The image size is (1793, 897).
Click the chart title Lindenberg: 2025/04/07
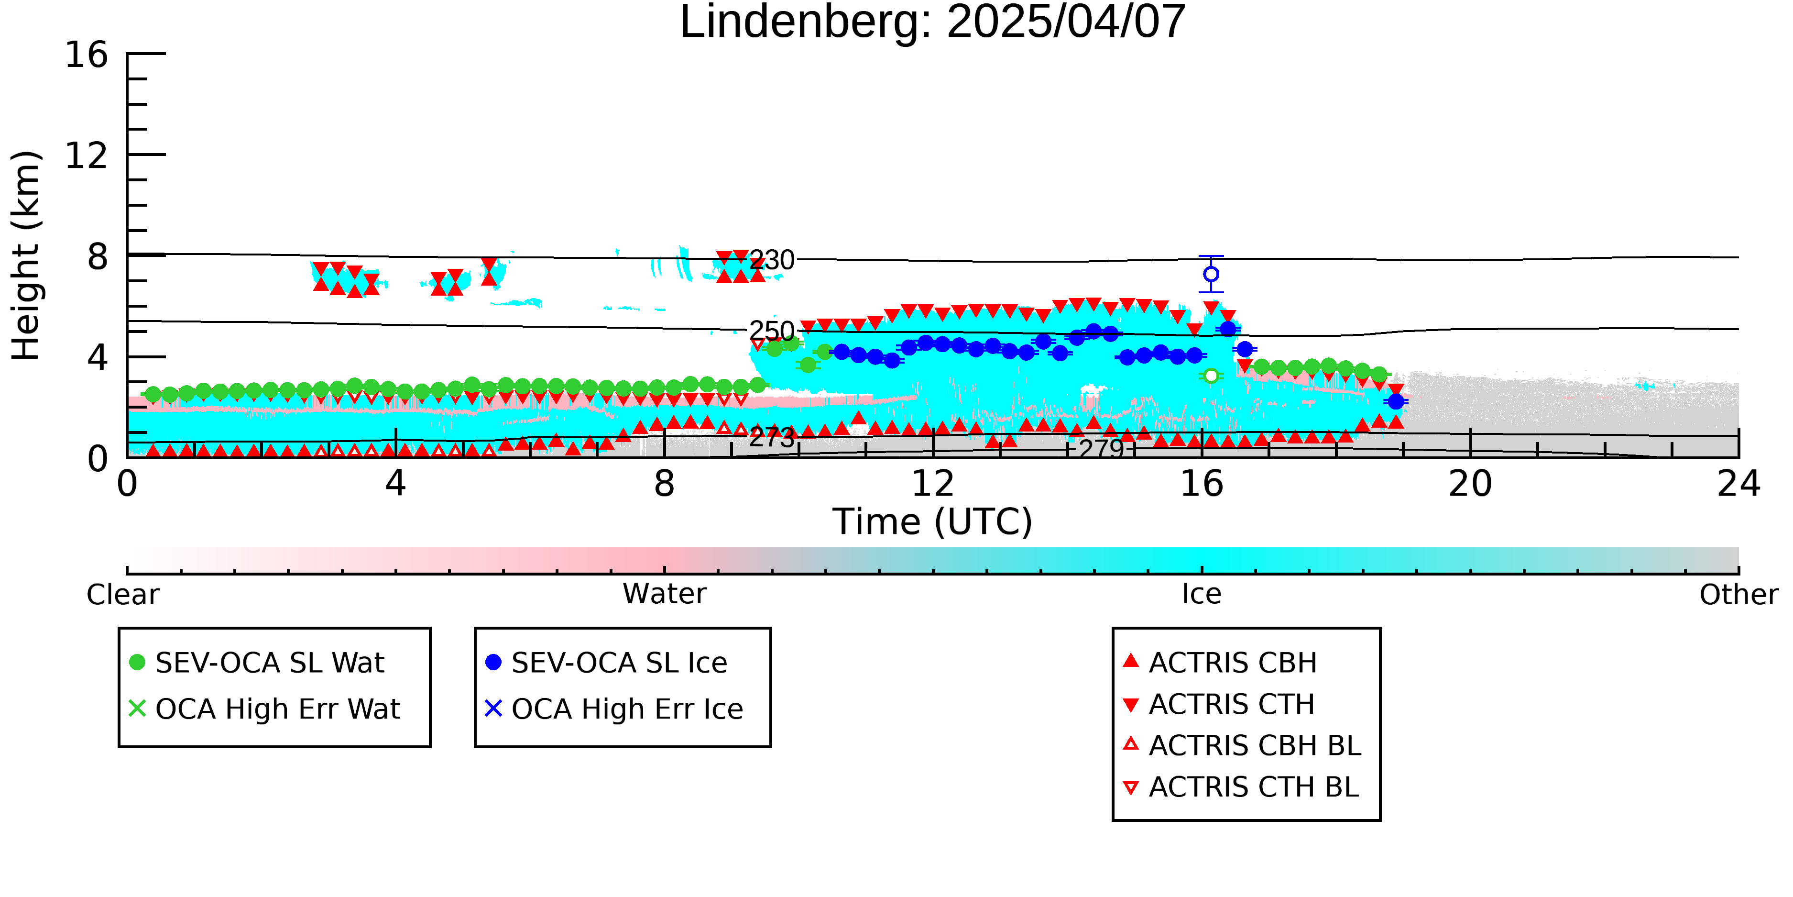point(933,22)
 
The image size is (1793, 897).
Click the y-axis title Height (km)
point(26,255)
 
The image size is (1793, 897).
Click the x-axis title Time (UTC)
point(933,521)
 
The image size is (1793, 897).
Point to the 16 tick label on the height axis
point(87,55)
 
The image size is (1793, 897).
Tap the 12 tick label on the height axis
point(87,155)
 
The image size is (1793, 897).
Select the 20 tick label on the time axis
point(1470,484)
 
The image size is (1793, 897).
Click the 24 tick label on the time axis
point(1738,484)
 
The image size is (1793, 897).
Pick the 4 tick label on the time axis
point(396,484)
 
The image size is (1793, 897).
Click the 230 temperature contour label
point(772,260)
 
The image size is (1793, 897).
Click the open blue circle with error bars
point(1211,275)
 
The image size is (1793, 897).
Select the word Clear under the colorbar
point(122,595)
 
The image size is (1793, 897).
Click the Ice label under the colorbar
point(1202,595)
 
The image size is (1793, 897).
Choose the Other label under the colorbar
point(1738,595)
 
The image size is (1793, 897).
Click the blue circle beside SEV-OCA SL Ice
point(493,662)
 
